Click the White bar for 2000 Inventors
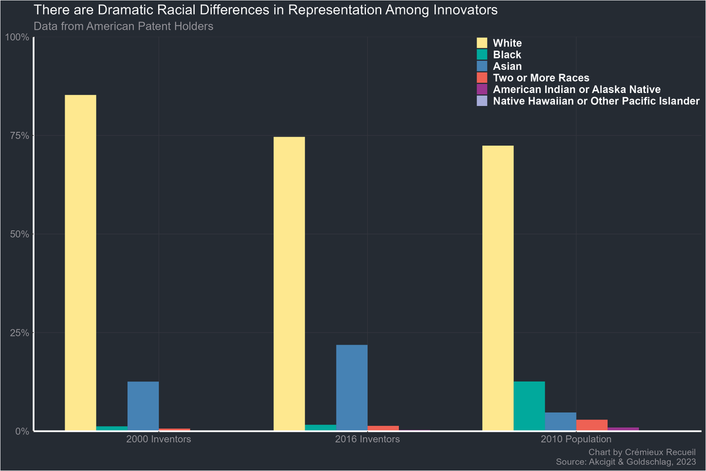[81, 263]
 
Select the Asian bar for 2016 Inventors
[352, 387]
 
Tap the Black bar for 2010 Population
[529, 406]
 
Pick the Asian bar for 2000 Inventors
[143, 406]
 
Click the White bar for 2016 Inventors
[289, 283]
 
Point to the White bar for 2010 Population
[498, 288]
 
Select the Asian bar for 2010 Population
[560, 421]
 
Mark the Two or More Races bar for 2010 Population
[591, 424]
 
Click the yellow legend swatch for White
[482, 43]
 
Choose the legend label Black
[507, 55]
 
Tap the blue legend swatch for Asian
[482, 66]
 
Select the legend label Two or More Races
[541, 78]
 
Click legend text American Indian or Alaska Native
[576, 89]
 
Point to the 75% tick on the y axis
[20, 135]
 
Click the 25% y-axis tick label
[20, 333]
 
